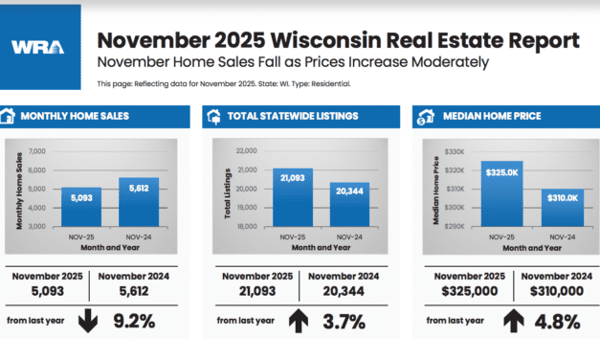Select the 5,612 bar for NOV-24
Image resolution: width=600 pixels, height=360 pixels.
(138, 202)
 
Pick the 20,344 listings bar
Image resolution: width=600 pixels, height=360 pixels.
(348, 205)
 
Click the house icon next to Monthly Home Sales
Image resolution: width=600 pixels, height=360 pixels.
(11, 117)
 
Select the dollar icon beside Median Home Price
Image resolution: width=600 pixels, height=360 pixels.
(421, 117)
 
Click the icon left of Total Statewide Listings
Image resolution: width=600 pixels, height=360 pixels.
(215, 117)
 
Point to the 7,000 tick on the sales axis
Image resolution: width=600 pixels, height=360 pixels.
(37, 151)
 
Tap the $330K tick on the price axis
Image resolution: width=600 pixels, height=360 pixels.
(453, 151)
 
